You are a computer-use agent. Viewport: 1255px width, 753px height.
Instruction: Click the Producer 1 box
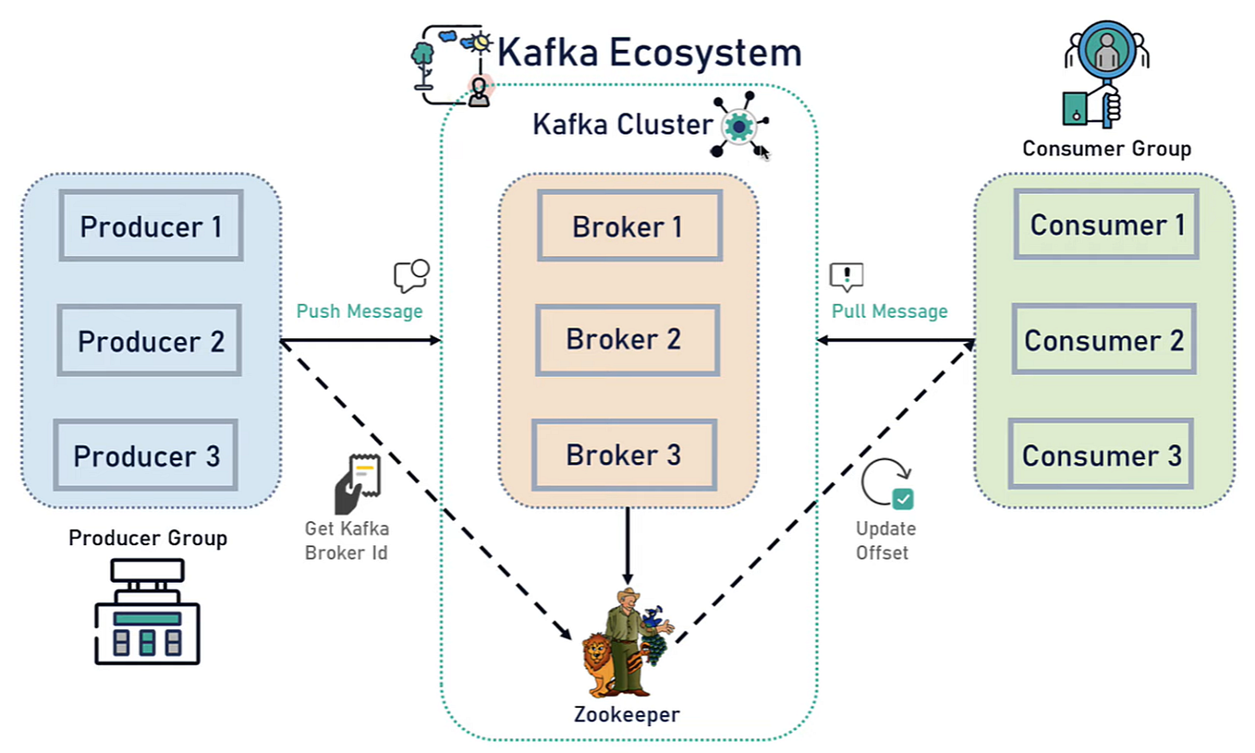point(151,225)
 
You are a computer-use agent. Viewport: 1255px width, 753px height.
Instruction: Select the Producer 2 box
point(150,341)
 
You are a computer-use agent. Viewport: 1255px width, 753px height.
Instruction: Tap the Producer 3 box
point(146,455)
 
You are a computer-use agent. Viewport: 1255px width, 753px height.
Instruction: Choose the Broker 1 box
point(628,225)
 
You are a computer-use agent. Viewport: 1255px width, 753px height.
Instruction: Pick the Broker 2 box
point(627,340)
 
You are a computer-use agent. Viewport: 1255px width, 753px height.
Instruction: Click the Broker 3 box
point(624,455)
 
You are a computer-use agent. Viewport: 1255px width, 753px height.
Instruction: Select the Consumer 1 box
point(1106,225)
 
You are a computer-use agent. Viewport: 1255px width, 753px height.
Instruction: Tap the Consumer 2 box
point(1103,340)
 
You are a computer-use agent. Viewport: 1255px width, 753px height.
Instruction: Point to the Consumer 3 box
point(1101,455)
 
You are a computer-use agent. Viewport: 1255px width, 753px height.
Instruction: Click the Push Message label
point(359,311)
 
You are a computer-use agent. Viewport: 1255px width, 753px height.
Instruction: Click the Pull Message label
point(889,311)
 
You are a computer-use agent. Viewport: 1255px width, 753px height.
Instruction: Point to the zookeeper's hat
point(628,596)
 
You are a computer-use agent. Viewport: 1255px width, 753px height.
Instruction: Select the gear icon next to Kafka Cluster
point(738,126)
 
